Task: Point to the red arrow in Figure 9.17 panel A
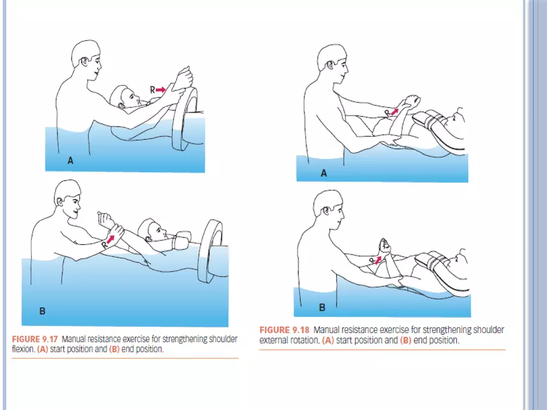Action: [160, 90]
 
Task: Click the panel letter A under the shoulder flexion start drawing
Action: [71, 160]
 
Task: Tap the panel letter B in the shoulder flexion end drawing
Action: [42, 310]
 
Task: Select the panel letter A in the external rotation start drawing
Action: [323, 174]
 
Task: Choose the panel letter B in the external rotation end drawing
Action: [322, 307]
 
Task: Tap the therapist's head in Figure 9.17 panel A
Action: [86, 59]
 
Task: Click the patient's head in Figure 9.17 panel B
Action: [150, 230]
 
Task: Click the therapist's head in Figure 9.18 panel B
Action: [328, 208]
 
